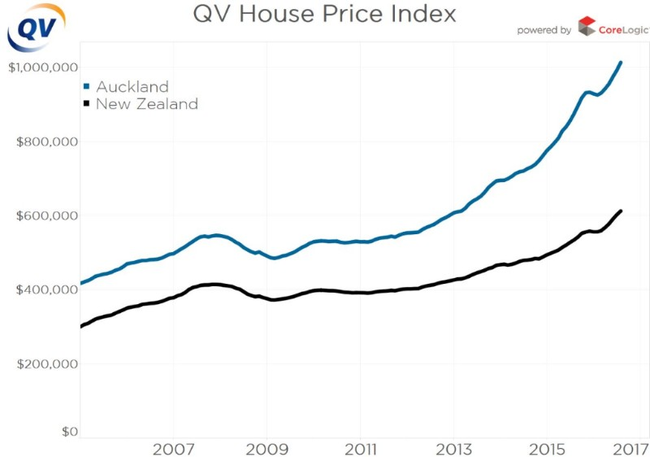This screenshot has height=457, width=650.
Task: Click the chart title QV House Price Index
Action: [x=324, y=15]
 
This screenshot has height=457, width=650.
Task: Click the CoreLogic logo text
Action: [x=623, y=29]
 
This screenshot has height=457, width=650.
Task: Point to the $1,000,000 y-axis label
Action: [x=43, y=67]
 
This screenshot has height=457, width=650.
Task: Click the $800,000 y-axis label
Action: [x=48, y=141]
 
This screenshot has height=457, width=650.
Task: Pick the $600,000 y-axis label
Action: [x=48, y=215]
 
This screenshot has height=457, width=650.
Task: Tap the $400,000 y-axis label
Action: [x=48, y=289]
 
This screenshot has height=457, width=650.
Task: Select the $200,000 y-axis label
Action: [x=48, y=363]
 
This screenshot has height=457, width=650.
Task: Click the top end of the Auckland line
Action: [x=621, y=62]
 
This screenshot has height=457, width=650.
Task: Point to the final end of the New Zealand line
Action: [x=621, y=211]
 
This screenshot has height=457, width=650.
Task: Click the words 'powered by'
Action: [x=544, y=30]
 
